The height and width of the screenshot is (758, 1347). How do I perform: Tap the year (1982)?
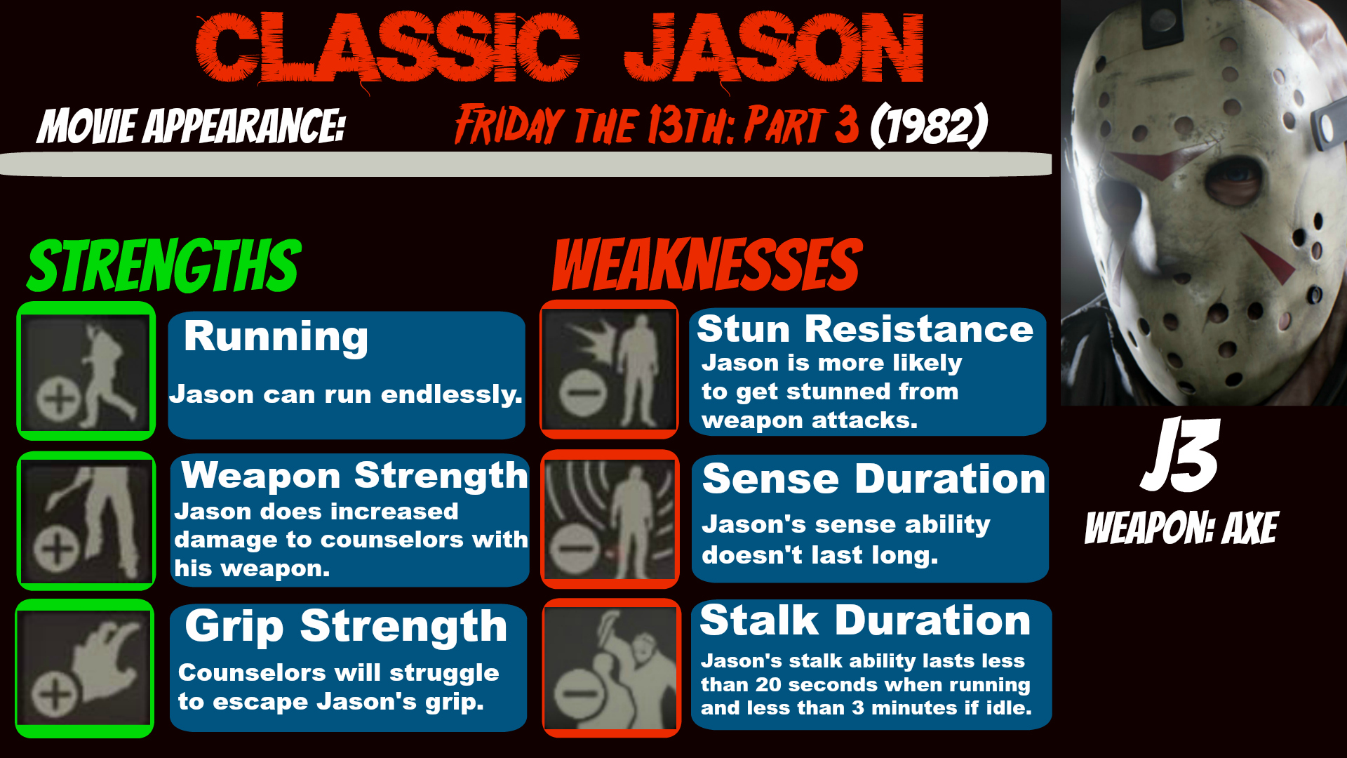(x=929, y=126)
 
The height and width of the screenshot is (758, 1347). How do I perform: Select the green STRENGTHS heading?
(x=164, y=265)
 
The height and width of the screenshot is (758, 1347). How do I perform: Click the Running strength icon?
(x=86, y=371)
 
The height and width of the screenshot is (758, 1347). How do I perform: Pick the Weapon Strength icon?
(x=86, y=521)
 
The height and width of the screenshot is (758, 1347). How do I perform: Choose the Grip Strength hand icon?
(x=85, y=668)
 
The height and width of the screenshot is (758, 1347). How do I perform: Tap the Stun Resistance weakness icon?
(x=609, y=369)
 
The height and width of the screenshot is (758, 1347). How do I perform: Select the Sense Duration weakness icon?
(x=610, y=519)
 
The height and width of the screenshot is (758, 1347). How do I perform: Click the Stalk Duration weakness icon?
(x=611, y=668)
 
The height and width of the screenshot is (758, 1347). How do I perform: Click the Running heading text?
(x=276, y=338)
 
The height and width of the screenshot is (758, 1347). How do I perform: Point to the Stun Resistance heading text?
(x=865, y=328)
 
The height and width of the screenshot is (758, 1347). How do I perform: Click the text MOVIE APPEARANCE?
(x=192, y=126)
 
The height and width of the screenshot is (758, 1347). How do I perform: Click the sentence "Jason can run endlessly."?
(x=346, y=394)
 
